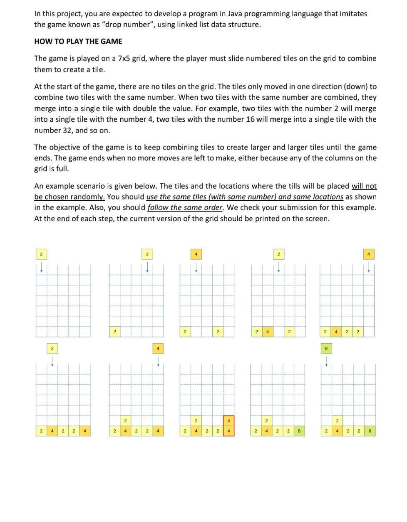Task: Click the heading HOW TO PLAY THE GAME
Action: click(78, 41)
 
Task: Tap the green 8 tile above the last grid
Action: click(327, 348)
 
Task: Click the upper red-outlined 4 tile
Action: click(228, 421)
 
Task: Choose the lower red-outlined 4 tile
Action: click(228, 431)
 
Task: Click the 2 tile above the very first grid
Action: click(41, 254)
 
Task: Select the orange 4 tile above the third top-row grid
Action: click(196, 254)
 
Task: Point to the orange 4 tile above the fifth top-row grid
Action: click(369, 254)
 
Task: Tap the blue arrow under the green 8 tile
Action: click(327, 361)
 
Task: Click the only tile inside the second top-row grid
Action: click(114, 332)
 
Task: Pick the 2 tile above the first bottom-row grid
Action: click(52, 348)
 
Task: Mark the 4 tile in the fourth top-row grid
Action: click(267, 332)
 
